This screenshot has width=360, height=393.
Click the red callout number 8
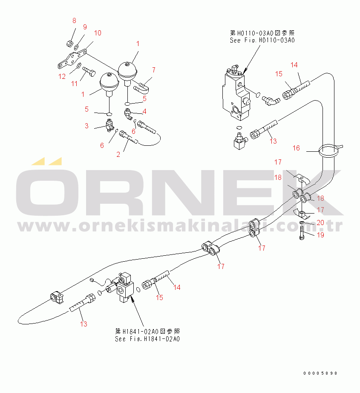click(x=74, y=20)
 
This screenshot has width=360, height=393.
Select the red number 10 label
click(x=98, y=33)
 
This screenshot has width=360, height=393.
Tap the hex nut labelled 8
click(x=69, y=44)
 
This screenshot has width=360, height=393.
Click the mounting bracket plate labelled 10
click(x=72, y=59)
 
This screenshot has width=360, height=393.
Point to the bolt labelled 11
click(x=89, y=71)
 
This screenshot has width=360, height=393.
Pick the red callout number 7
click(x=153, y=70)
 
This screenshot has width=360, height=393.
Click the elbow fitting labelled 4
click(x=128, y=114)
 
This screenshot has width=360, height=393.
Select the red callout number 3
click(x=86, y=126)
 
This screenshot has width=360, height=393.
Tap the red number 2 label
click(x=118, y=154)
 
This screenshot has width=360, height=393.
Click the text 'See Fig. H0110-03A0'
click(x=262, y=40)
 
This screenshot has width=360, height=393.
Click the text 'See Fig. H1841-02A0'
click(x=147, y=339)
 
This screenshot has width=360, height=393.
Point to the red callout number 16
click(x=296, y=148)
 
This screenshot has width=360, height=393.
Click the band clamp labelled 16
click(x=330, y=150)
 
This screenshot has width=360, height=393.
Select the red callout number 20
click(x=320, y=223)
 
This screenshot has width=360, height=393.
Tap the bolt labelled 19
click(x=302, y=233)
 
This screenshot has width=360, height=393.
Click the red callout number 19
click(x=320, y=235)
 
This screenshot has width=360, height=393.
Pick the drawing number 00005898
click(x=320, y=373)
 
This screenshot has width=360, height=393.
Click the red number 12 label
click(x=62, y=76)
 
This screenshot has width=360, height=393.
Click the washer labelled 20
click(x=302, y=223)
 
